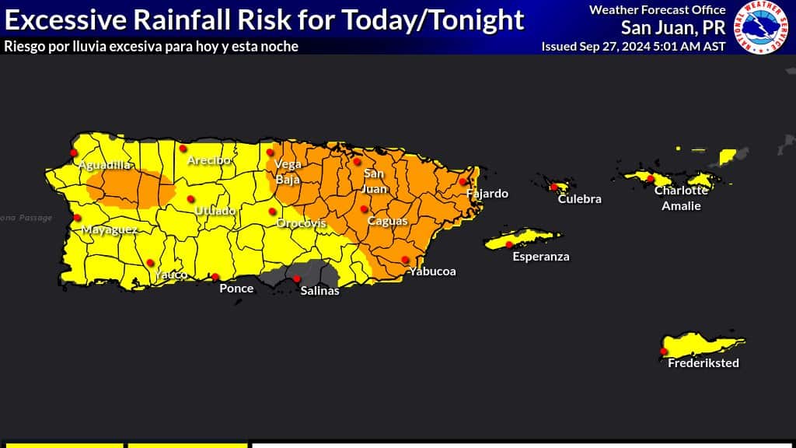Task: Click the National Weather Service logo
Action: click(763, 27)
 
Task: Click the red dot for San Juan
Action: click(358, 162)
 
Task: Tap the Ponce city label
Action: click(236, 289)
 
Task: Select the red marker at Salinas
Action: click(297, 278)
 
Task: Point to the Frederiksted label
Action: click(703, 363)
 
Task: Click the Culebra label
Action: click(580, 199)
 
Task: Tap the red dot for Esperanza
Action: click(509, 244)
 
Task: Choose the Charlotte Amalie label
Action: click(681, 198)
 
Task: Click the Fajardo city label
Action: click(487, 194)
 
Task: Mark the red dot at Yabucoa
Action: click(405, 260)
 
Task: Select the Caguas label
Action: click(387, 222)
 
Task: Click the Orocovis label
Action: click(301, 224)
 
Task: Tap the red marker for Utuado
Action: click(191, 199)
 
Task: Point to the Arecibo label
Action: click(209, 160)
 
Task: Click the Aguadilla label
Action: click(104, 165)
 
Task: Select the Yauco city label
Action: click(170, 275)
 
